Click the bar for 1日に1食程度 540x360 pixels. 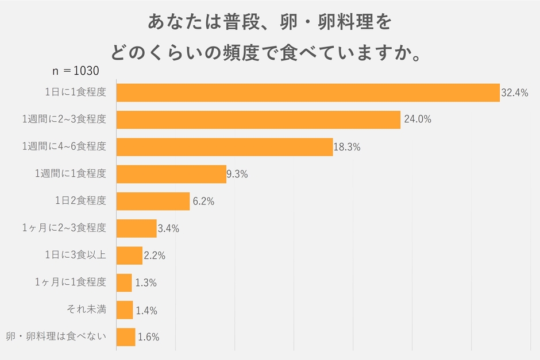click(308, 92)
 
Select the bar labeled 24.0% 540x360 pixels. click(259, 119)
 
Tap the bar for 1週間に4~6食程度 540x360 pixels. click(225, 147)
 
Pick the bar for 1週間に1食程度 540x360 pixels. click(171, 174)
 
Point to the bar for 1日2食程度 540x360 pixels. click(153, 201)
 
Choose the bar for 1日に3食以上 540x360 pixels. click(129, 256)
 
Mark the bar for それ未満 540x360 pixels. click(125, 310)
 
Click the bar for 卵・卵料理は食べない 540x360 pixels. click(126, 337)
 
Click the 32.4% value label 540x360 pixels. click(514, 92)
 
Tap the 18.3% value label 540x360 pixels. click(347, 147)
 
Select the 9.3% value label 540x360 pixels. click(237, 174)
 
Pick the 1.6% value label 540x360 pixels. click(148, 337)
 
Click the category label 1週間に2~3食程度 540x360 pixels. click(64, 119)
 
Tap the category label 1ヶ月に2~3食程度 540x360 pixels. click(64, 228)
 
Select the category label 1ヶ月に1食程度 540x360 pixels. click(70, 282)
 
